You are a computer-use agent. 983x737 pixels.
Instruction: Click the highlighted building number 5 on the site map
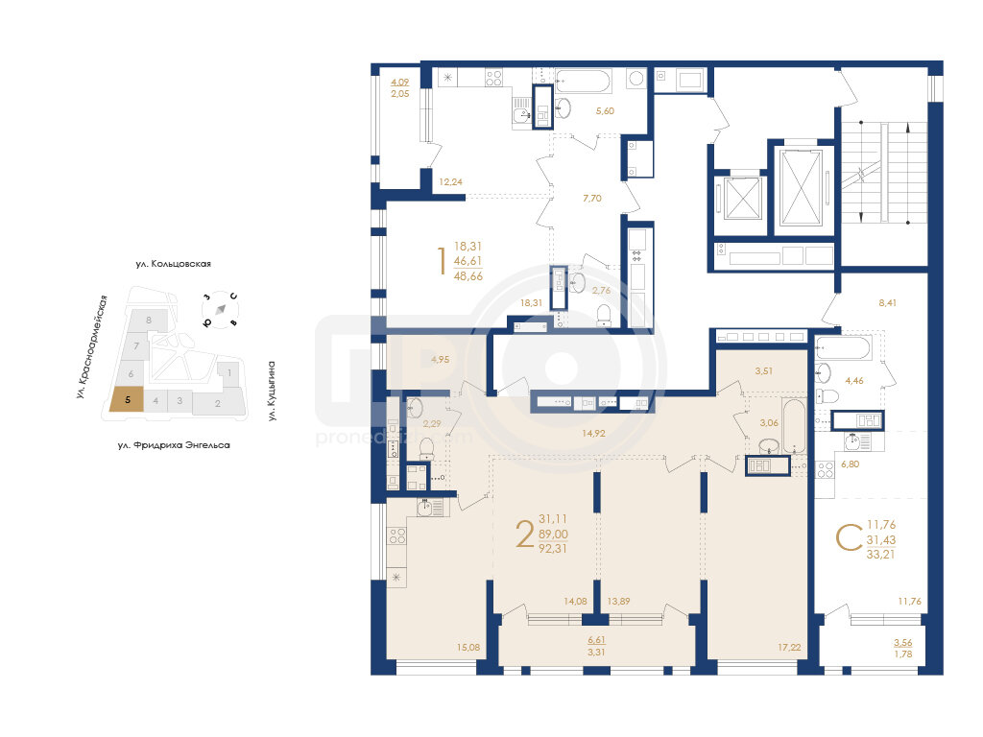128,400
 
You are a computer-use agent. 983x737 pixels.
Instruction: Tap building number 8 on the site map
149,320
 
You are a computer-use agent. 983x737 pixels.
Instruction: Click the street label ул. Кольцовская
173,264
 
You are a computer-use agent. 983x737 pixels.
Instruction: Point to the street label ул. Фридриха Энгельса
174,445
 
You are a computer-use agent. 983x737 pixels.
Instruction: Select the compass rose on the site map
220,310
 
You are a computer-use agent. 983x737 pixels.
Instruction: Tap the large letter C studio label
849,537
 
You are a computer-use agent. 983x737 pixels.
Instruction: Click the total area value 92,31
552,548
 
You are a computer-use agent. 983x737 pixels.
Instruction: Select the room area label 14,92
593,433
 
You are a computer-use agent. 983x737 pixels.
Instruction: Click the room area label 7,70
591,198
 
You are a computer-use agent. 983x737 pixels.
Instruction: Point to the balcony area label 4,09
400,83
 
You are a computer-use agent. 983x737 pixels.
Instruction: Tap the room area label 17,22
789,648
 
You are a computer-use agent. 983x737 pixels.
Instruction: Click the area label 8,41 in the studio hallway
887,302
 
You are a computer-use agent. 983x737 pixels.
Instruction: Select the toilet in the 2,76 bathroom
604,314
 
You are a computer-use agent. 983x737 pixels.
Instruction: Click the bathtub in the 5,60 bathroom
583,82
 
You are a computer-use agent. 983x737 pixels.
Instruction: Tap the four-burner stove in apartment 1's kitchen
494,78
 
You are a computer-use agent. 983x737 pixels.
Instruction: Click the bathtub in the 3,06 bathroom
793,427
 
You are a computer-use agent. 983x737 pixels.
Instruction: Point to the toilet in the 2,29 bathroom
426,448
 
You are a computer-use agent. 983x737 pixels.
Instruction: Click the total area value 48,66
468,275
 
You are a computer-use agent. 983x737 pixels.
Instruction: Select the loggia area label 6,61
596,640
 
